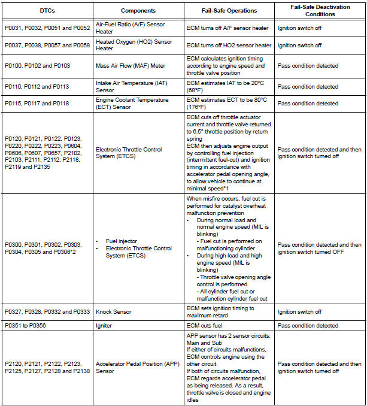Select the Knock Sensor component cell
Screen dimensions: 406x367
(114, 312)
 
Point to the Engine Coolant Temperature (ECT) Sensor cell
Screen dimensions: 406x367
(131, 103)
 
